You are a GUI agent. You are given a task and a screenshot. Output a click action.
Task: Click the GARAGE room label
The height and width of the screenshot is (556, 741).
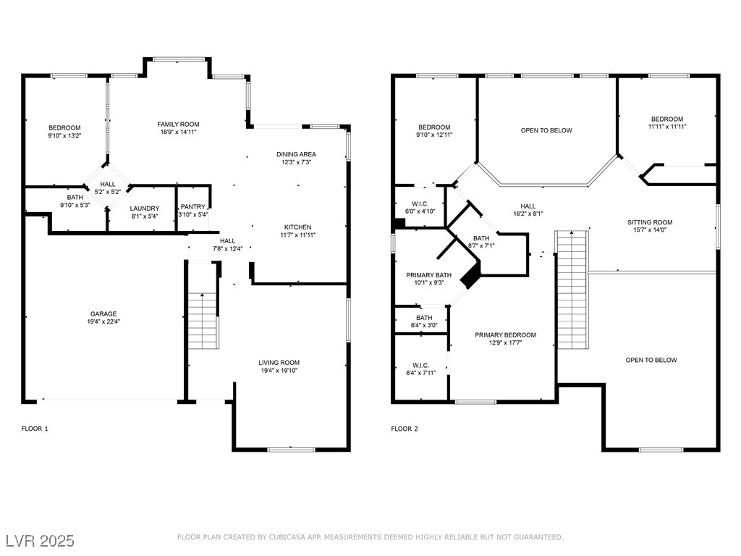pos(103,314)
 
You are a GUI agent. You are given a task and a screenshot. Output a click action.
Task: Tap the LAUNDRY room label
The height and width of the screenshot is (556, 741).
pos(144,208)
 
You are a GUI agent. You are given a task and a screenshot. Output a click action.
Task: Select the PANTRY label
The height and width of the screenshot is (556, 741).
pos(193,207)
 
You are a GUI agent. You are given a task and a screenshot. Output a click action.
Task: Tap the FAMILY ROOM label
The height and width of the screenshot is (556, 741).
pos(178,125)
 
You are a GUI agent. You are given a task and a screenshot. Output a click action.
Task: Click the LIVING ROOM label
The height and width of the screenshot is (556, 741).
pos(279,363)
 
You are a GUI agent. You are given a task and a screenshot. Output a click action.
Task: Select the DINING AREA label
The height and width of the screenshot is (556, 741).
pos(296,154)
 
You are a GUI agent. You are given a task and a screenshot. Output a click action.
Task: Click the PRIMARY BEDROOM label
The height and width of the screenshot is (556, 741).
pos(505,335)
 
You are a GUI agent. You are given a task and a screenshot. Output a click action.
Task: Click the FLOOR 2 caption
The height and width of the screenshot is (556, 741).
pos(405,429)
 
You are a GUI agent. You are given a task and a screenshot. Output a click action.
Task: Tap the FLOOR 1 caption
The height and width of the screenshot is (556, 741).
pos(35,429)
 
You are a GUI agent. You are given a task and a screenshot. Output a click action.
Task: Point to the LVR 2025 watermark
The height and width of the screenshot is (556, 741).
pos(41,541)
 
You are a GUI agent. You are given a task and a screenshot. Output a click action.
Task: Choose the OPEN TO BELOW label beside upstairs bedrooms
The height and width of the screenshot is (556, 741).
pos(546,130)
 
